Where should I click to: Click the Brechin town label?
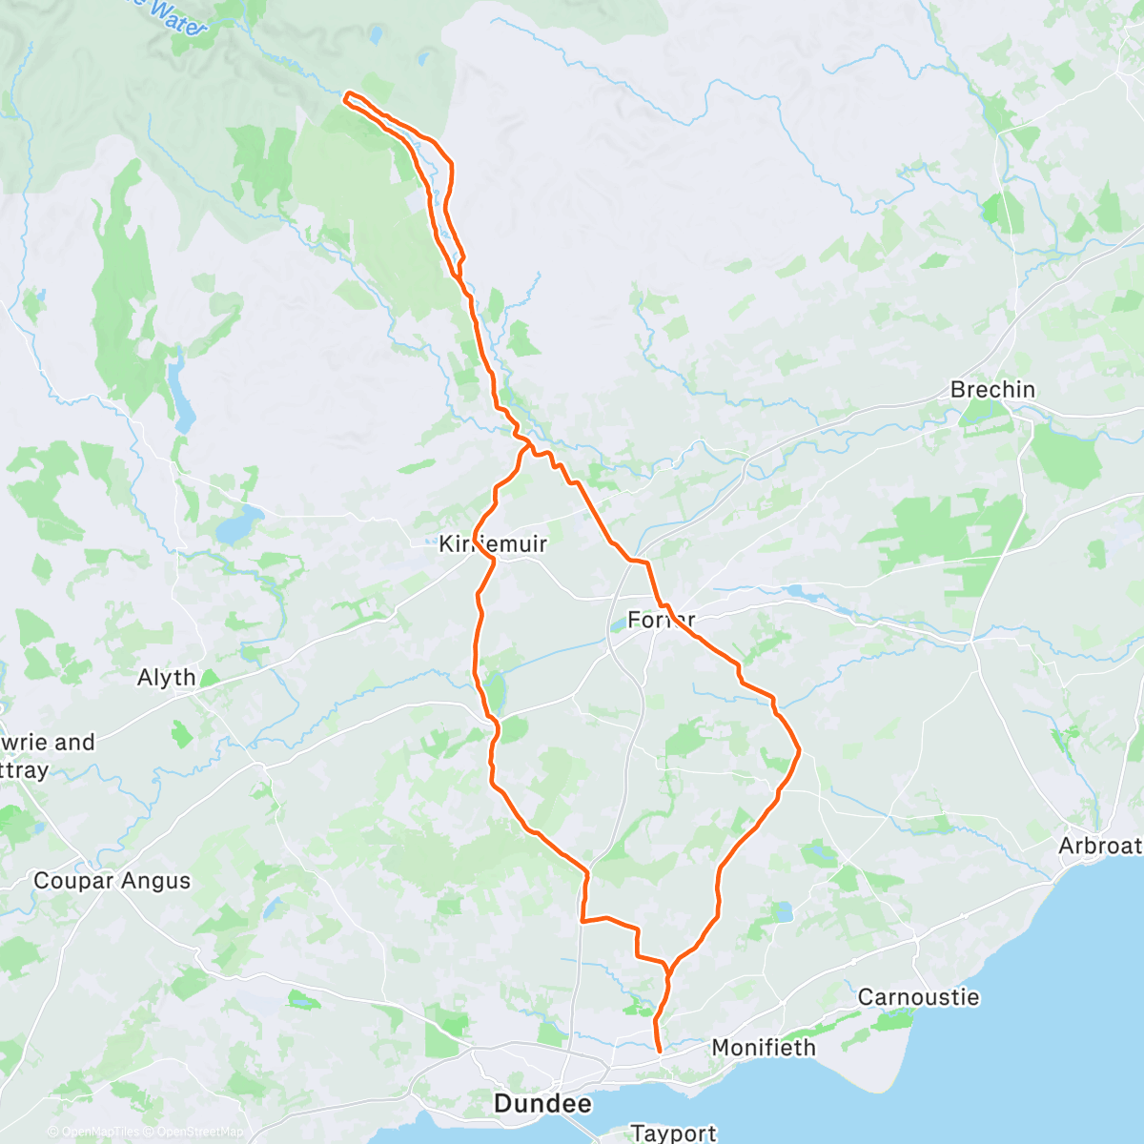point(992,390)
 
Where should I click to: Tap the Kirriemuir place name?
point(493,544)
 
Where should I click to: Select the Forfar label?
point(661,620)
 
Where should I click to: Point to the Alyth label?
point(167,678)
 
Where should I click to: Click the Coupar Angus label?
point(112,881)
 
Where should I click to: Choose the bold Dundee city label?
point(542,1104)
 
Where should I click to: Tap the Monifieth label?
point(764,1048)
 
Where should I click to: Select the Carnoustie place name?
point(918,997)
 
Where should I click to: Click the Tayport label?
point(673,1133)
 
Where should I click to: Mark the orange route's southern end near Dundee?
point(660,1051)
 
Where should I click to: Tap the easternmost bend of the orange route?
point(798,752)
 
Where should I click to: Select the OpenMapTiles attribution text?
point(99,1132)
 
